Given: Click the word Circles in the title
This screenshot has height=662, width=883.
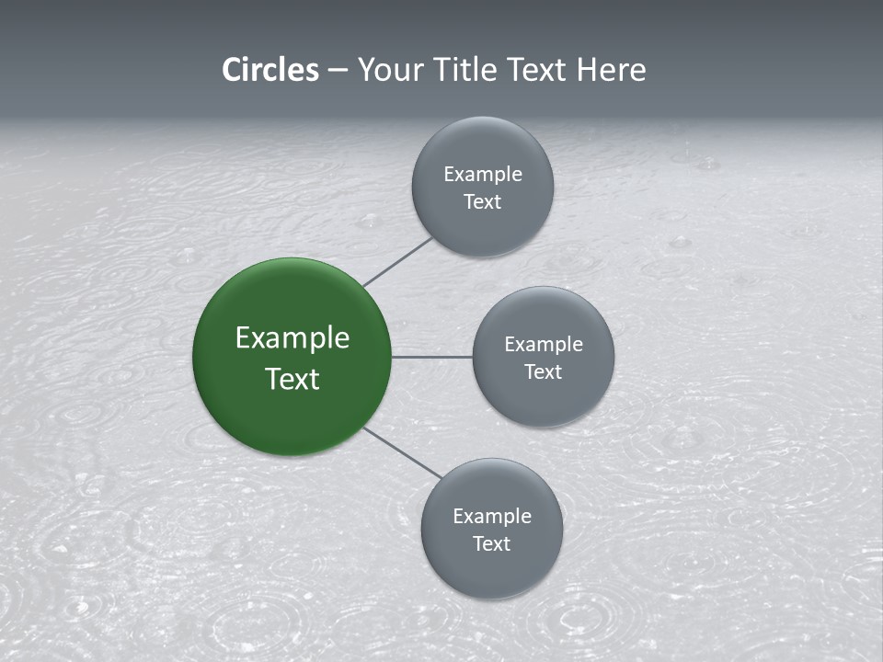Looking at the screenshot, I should (270, 70).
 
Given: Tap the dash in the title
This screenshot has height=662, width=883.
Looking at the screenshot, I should (338, 71).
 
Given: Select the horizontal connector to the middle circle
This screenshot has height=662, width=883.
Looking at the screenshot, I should (431, 357).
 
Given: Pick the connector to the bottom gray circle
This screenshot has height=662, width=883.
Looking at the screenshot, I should (403, 453).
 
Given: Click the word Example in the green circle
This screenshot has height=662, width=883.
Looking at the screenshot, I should (292, 338).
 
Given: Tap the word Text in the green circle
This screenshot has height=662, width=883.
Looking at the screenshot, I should (292, 379).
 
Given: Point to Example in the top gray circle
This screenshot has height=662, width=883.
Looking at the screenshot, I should (483, 175).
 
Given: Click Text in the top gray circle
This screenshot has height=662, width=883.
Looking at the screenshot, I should (483, 202).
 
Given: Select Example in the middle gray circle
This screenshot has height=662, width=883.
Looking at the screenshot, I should (544, 345).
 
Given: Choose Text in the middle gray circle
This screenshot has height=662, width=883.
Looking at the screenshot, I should (544, 372).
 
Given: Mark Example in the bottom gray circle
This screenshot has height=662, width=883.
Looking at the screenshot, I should (492, 517).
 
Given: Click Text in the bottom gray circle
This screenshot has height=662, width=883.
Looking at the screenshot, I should (492, 544).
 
